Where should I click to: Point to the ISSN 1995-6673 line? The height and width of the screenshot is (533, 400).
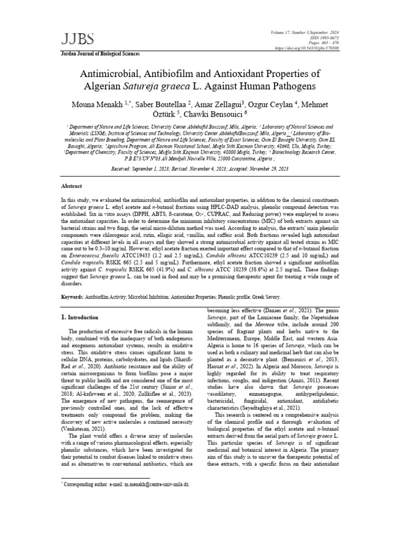point(323,38)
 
